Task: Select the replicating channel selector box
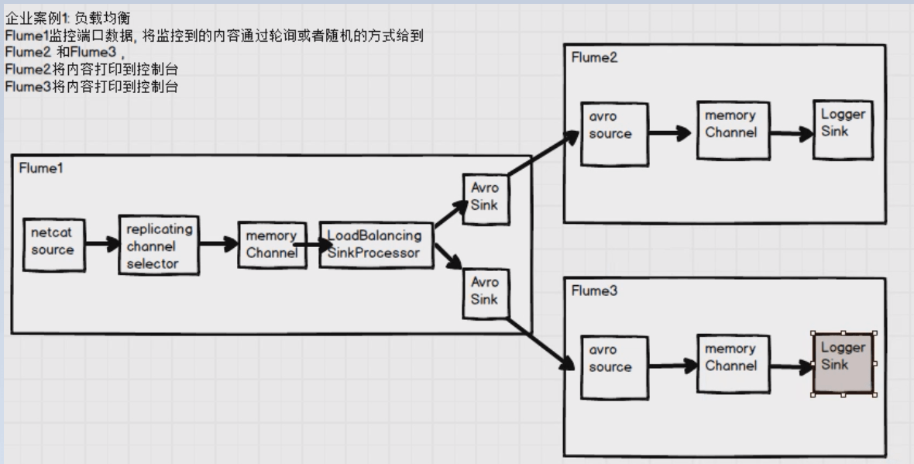159,246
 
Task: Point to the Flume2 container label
594,58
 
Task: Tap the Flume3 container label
594,291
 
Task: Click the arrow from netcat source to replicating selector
101,245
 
